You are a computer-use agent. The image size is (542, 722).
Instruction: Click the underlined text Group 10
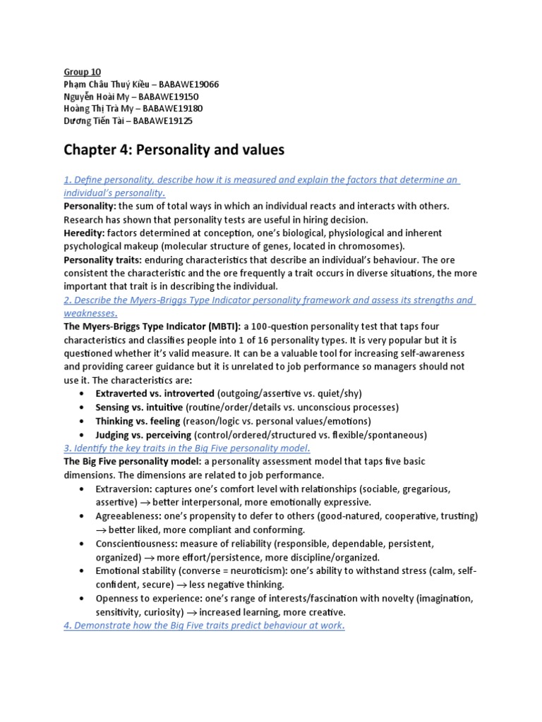coord(82,72)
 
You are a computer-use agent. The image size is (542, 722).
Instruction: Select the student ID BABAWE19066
coord(189,84)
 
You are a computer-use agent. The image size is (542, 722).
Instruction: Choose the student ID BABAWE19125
coord(163,121)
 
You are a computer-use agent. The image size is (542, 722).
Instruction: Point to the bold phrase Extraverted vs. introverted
coord(155,393)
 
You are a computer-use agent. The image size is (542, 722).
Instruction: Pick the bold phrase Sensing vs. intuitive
coord(140,408)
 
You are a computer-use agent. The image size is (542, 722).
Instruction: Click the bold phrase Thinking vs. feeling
coord(138,421)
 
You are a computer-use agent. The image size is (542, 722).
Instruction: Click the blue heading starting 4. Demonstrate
coord(204,625)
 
